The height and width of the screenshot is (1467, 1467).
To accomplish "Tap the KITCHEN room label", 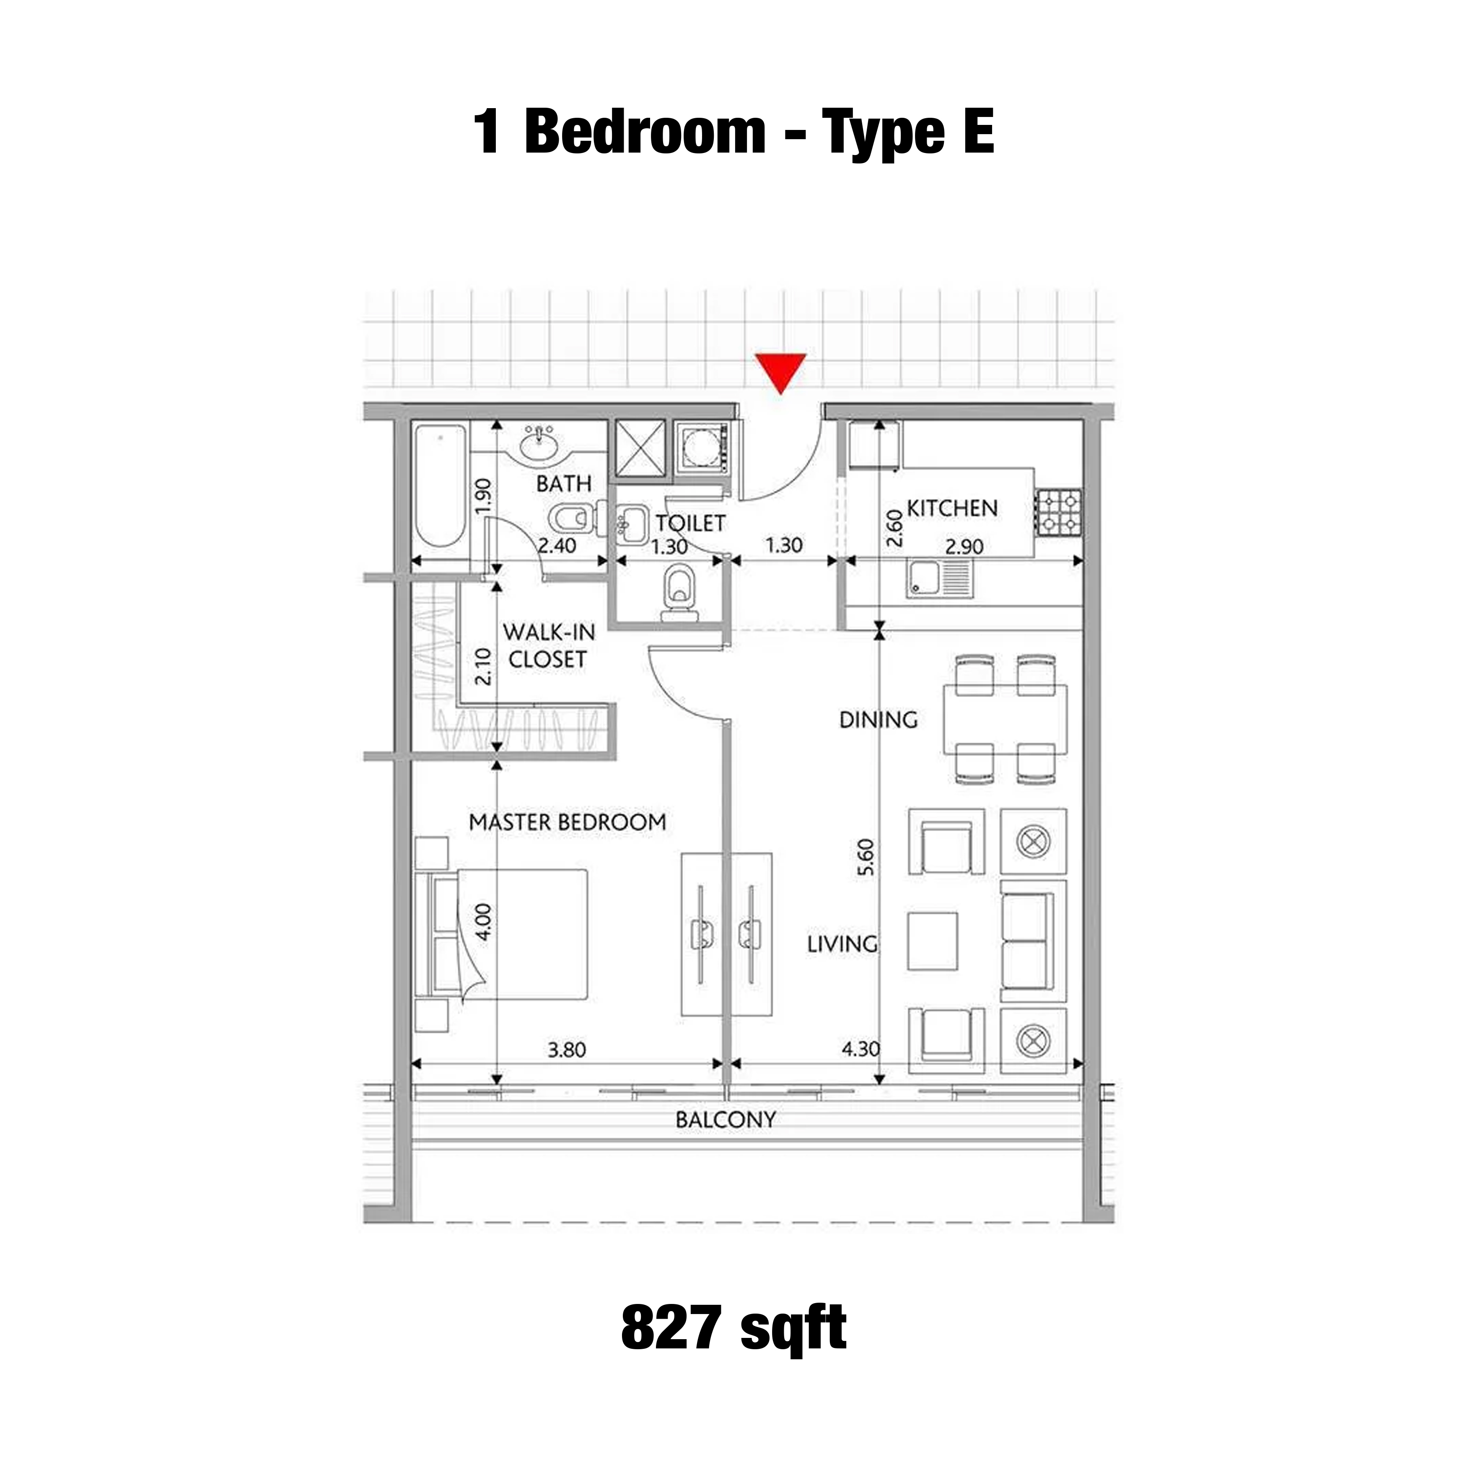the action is (x=952, y=508).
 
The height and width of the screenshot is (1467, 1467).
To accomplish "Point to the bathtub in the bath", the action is (x=441, y=485).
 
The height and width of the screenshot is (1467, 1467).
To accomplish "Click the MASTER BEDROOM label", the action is (x=567, y=822).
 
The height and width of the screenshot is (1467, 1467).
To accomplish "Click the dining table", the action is (x=1005, y=718).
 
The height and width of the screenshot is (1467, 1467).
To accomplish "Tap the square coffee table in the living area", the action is (x=933, y=941).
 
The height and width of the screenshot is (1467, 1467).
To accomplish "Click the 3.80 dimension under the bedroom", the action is (x=567, y=1050).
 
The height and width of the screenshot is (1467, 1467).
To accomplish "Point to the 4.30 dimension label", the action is (x=861, y=1049).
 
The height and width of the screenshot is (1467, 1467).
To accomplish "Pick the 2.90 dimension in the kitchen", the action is (x=964, y=546).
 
